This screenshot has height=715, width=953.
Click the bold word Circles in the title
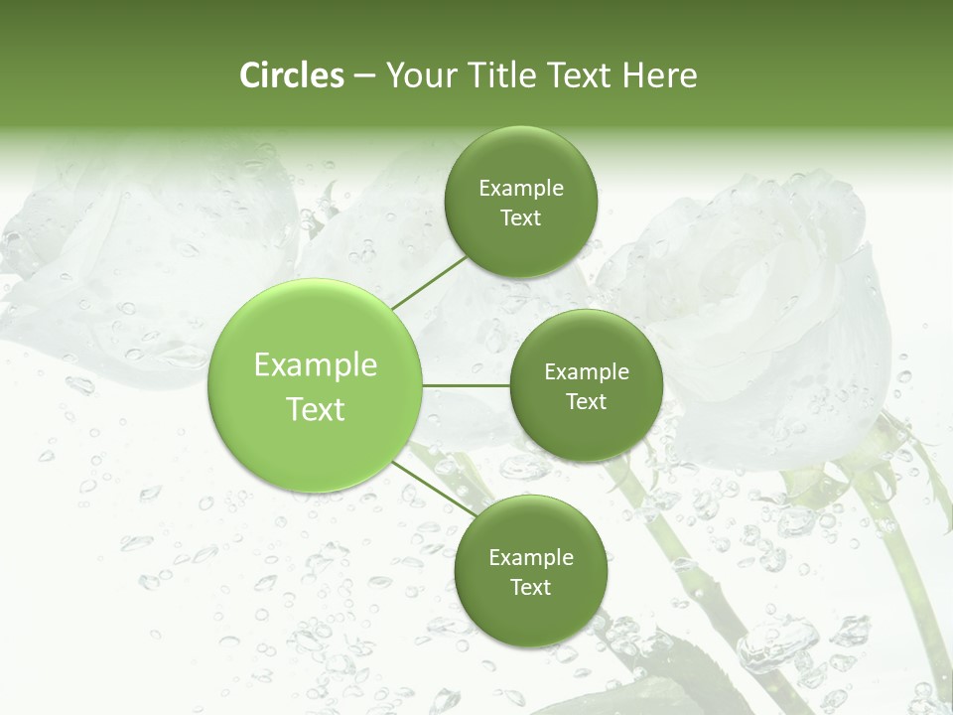click(291, 74)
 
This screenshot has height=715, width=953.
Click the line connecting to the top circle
click(429, 282)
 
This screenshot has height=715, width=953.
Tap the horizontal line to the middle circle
click(466, 385)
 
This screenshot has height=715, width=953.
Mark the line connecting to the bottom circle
click(434, 488)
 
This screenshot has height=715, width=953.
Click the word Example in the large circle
click(316, 365)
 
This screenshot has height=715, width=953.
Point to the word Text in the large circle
click(316, 409)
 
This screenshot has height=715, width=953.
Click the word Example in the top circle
click(521, 188)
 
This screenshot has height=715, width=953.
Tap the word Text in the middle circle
click(587, 401)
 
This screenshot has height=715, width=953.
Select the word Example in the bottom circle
click(531, 557)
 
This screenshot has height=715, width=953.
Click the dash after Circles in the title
click(364, 75)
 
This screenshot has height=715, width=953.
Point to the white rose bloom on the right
click(764, 298)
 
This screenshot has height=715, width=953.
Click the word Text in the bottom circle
click(531, 587)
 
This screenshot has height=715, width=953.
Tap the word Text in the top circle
click(521, 217)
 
